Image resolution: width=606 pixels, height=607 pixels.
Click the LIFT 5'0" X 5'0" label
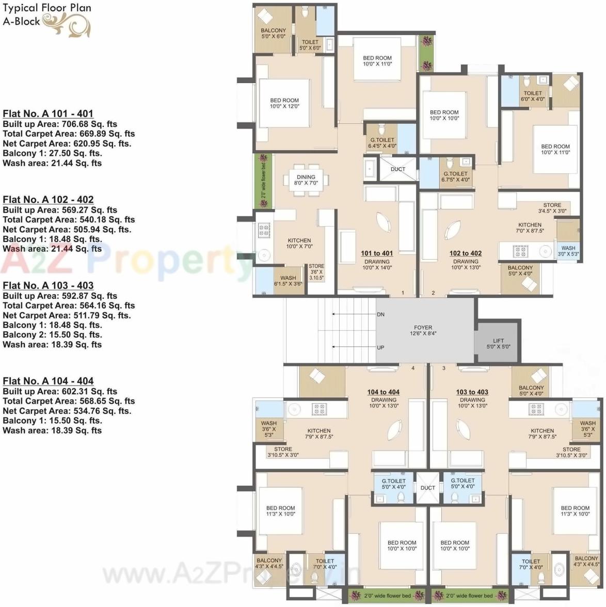pos(498,343)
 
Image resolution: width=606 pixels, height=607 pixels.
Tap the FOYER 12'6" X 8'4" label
pos(423,330)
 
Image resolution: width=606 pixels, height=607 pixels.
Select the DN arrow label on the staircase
pos(380,314)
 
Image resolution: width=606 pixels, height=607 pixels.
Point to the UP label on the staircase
pos(380,347)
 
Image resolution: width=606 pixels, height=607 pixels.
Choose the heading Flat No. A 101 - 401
pos(48,114)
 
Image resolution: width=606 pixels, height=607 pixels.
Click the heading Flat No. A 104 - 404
pos(48,381)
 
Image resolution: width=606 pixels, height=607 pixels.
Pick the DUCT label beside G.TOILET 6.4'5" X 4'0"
pos(398,169)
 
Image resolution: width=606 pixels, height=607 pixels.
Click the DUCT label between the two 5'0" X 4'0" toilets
pos(428,488)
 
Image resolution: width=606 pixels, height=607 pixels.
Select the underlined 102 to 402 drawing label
pos(466,253)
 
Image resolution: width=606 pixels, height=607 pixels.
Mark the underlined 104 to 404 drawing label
pos(384,392)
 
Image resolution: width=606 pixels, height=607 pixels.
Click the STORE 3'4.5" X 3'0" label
pos(552,208)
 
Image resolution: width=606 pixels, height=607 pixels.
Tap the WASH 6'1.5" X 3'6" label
pos(288,281)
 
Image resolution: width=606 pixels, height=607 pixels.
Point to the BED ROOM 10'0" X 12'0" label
pos(284,103)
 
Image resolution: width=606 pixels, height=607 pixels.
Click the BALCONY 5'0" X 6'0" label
pos(273,34)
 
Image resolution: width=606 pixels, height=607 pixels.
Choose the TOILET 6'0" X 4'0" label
pos(533,96)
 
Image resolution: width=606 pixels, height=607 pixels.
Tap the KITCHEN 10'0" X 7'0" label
pos(299,243)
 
